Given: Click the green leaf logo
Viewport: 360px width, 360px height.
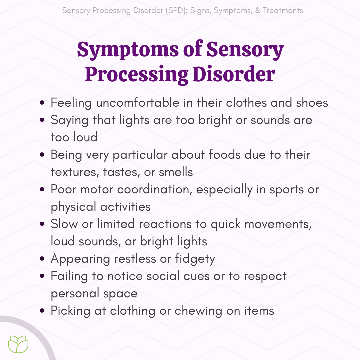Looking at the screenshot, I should pyautogui.click(x=18, y=344).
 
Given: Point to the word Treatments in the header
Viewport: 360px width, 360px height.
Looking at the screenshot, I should pyautogui.click(x=283, y=10).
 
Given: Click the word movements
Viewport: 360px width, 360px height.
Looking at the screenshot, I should pyautogui.click(x=277, y=224).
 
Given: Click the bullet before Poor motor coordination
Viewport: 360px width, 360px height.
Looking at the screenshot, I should pyautogui.click(x=42, y=190).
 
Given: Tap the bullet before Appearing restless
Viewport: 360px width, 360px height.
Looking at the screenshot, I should pyautogui.click(x=42, y=259).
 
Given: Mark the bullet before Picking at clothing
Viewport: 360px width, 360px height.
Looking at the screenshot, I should pyautogui.click(x=42, y=311).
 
